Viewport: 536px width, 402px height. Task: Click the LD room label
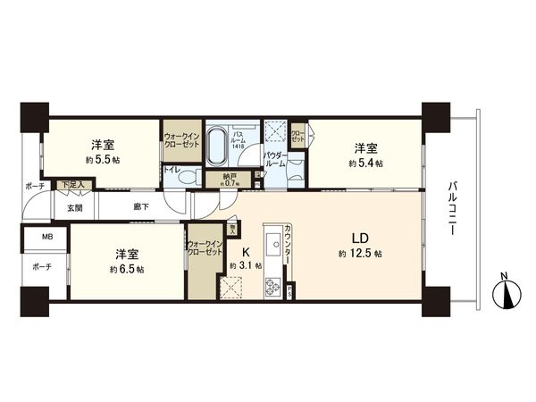click(x=360, y=239)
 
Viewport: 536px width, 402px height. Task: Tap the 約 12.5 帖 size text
click(x=360, y=255)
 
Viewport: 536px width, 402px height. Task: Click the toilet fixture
click(x=186, y=177)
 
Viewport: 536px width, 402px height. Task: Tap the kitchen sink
click(x=270, y=242)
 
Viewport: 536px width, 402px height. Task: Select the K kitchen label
click(x=245, y=251)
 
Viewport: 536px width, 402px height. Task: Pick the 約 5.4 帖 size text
click(x=365, y=163)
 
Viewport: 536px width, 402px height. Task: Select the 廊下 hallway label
click(x=141, y=206)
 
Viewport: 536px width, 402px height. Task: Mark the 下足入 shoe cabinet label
click(x=71, y=185)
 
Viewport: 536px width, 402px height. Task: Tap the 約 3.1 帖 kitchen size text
click(x=245, y=265)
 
